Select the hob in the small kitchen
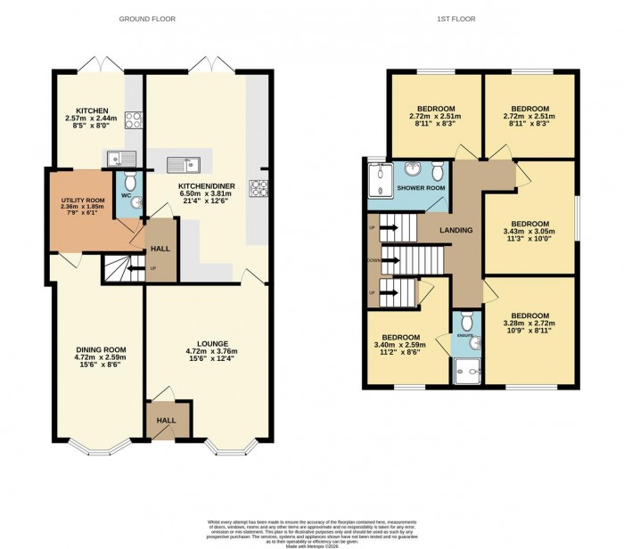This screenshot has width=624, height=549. click(135, 119)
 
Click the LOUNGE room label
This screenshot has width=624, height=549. click(213, 343)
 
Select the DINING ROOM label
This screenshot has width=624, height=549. click(100, 349)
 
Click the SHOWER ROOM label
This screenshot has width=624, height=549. click(421, 189)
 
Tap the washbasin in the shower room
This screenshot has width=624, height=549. click(411, 170)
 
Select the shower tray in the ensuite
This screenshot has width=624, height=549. click(467, 368)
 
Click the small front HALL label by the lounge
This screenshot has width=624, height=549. click(166, 420)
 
